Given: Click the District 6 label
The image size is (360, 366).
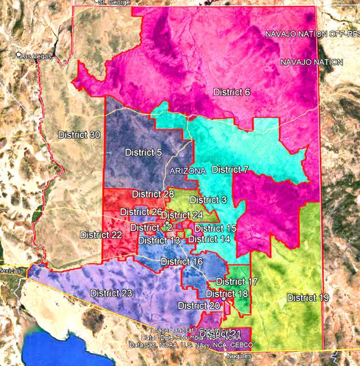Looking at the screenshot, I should pyautogui.click(x=231, y=92).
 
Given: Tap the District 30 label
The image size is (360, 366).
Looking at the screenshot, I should pyautogui.click(x=79, y=135).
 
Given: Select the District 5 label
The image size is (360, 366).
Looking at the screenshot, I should pyautogui.click(x=143, y=153).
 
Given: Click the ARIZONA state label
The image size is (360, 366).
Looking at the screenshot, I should pyautogui.click(x=188, y=170).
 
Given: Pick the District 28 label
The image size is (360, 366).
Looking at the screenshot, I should pyautogui.click(x=153, y=194).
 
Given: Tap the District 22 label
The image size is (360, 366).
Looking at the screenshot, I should pyautogui.click(x=101, y=234).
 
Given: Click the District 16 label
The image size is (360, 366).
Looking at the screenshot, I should pyautogui.click(x=182, y=261).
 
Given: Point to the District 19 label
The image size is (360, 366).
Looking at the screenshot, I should pyautogui.click(x=308, y=297).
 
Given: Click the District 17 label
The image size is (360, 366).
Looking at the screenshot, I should pyautogui.click(x=237, y=282).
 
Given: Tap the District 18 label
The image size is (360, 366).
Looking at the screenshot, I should pyautogui.click(x=227, y=293).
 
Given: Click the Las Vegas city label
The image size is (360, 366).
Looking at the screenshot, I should pyautogui.click(x=36, y=56).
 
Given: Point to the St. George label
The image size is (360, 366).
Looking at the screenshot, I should pyautogui.click(x=114, y=3).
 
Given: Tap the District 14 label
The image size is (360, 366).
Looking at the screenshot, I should pyautogui.click(x=209, y=239).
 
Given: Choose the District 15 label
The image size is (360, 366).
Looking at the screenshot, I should pyautogui.click(x=215, y=228).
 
